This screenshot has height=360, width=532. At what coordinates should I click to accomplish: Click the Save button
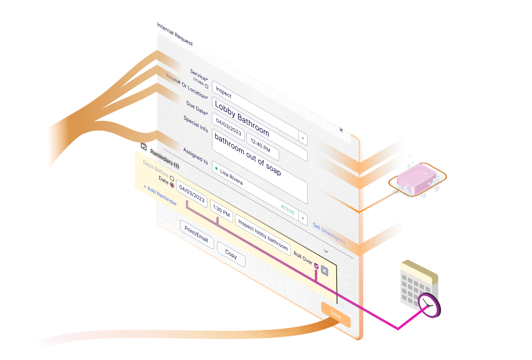336,315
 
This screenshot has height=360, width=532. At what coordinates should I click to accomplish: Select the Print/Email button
197,235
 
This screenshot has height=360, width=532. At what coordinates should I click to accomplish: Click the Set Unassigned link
329,233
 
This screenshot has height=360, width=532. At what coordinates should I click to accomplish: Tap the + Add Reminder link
160,195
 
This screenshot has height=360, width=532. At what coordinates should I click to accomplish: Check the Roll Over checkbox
316,266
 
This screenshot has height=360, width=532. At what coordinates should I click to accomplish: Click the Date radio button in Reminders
172,185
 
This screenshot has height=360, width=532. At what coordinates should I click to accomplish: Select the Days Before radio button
172,178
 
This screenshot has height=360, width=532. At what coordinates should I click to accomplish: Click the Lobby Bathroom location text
242,118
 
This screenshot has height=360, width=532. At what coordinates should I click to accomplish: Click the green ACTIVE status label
288,209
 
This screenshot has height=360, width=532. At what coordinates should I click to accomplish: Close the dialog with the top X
341,130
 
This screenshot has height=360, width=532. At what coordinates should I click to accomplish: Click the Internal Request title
175,34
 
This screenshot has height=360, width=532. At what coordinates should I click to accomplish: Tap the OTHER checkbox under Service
206,86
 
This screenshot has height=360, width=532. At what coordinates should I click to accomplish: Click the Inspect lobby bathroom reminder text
263,234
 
